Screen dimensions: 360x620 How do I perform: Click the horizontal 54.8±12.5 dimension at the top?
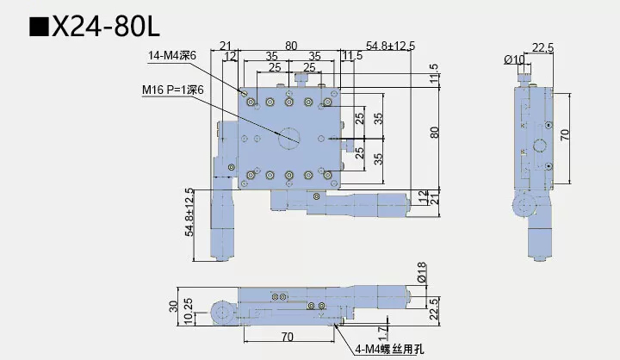pyautogui.click(x=391, y=45)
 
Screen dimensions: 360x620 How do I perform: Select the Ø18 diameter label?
pyautogui.click(x=421, y=278)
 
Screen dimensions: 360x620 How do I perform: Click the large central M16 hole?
pyautogui.click(x=287, y=135)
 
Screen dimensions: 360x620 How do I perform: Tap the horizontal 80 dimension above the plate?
pyautogui.click(x=291, y=45)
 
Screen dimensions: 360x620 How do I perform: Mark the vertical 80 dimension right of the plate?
pyautogui.click(x=435, y=132)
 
